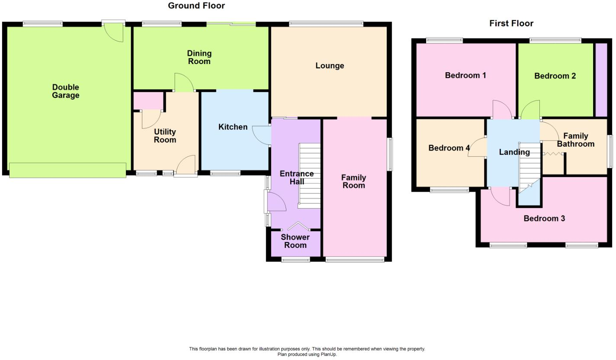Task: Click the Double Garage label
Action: click(66, 91)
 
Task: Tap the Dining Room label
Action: click(199, 57)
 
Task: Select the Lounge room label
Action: click(330, 66)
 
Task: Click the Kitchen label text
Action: click(233, 127)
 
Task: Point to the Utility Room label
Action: click(165, 136)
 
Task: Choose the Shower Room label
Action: click(295, 241)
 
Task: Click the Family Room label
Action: click(353, 181)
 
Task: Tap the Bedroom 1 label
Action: click(465, 75)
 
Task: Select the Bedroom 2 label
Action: click(555, 76)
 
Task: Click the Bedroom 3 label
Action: click(544, 219)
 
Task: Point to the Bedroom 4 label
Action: click(449, 148)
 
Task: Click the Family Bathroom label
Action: click(575, 140)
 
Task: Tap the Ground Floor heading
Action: click(196, 6)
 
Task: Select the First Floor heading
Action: click(511, 23)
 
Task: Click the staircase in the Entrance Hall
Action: click(309, 176)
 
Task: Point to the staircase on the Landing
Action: click(530, 167)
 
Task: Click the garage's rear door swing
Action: click(115, 33)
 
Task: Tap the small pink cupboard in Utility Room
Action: click(148, 100)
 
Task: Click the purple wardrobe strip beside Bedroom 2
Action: click(601, 80)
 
